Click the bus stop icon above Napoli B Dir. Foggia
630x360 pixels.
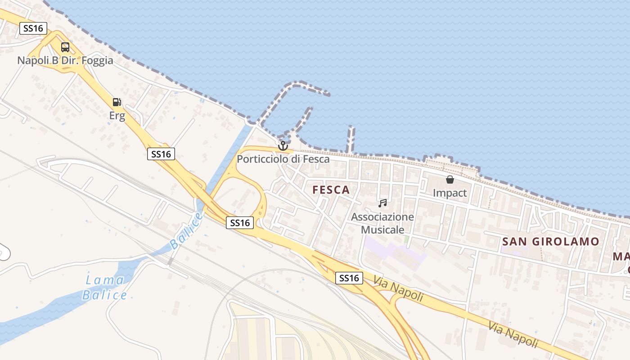(x=65, y=47)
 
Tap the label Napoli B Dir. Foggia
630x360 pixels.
(x=65, y=60)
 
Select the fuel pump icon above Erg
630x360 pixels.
(x=117, y=102)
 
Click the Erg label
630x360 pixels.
(x=117, y=116)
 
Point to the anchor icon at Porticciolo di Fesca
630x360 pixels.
(x=283, y=145)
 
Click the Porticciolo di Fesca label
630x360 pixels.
(x=283, y=159)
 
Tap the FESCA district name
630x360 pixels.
(x=331, y=189)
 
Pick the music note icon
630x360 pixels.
(x=382, y=203)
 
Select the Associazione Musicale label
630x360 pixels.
(x=382, y=223)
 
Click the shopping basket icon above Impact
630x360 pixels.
(x=450, y=180)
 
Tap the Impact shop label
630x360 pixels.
(x=450, y=193)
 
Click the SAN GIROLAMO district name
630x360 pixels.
(x=551, y=242)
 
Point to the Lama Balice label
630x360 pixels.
(x=104, y=288)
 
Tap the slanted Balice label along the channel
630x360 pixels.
(x=186, y=231)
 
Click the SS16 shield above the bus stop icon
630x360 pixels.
(x=34, y=28)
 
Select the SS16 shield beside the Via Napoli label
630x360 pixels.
(x=349, y=278)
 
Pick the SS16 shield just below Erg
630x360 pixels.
(x=161, y=154)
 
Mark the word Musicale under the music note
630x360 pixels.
(x=382, y=229)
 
